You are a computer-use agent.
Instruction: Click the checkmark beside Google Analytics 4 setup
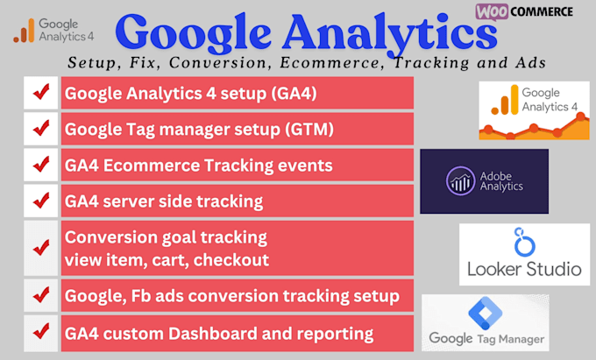[x=39, y=93]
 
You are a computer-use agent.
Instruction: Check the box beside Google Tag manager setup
[x=39, y=129]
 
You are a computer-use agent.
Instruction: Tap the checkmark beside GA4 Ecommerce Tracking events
[x=39, y=165]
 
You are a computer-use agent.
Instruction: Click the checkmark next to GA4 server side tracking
[x=39, y=201]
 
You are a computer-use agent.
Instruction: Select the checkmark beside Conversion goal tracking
[x=39, y=248]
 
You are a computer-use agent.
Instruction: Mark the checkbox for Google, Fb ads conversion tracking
[x=39, y=296]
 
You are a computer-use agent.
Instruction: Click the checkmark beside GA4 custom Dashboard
[x=39, y=333]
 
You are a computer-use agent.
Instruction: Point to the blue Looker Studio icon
[x=522, y=243]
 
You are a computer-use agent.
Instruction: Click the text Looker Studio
[x=523, y=269]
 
